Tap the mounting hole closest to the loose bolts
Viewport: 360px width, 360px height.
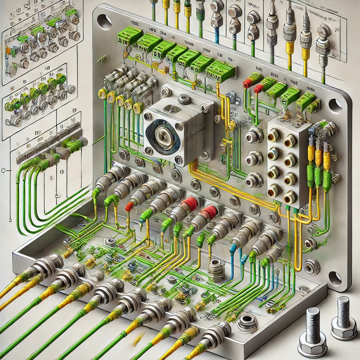(x=335, y=278)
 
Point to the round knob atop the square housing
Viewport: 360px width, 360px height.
(x=184, y=99)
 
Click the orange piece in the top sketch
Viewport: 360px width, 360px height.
(x=8, y=50)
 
